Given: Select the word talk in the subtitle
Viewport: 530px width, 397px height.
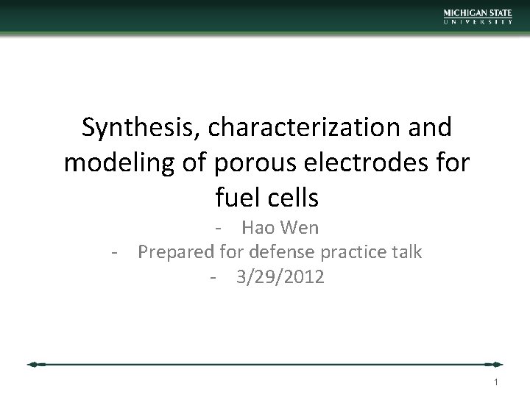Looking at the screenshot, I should point(407,252).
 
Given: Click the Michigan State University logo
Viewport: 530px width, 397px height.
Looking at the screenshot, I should point(477,16).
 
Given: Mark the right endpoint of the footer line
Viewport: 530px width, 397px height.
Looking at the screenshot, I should point(500,364).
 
